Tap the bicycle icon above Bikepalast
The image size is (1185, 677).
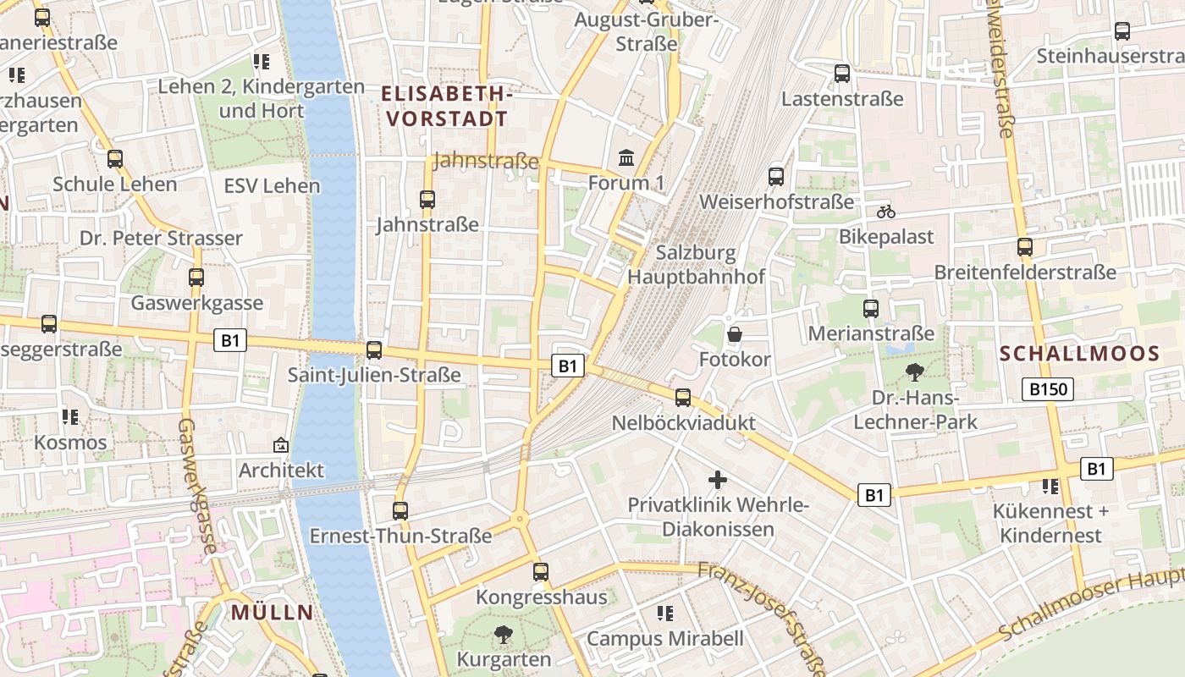coord(886,212)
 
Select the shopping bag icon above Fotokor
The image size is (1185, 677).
coord(734,335)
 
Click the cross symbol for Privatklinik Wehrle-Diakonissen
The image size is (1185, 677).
coord(718,481)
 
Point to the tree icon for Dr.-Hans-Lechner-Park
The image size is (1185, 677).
coord(915,372)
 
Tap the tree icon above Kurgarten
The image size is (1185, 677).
coord(503,634)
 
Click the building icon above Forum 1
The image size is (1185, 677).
coord(626,157)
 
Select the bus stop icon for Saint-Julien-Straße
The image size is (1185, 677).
coord(373,350)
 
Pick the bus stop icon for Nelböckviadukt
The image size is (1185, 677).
coord(683,398)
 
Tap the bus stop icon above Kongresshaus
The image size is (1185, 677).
coord(541,572)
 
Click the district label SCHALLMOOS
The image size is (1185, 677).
coord(1079,354)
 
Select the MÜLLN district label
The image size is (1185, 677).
coord(272,613)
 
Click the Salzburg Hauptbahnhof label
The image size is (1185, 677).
coord(696,264)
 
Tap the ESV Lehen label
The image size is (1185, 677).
coord(272,185)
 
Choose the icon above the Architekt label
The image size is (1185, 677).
coord(280,445)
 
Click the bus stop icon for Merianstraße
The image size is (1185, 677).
coord(871,309)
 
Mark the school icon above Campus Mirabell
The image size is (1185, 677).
coord(665,613)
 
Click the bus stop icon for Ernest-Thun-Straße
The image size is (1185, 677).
coord(400,511)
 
